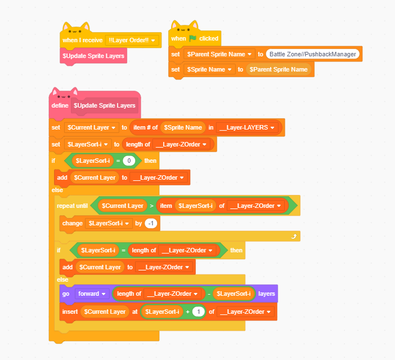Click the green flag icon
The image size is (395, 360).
click(x=193, y=38)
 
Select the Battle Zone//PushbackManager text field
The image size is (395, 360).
click(x=313, y=54)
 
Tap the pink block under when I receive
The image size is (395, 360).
click(x=93, y=56)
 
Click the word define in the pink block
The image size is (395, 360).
click(x=60, y=105)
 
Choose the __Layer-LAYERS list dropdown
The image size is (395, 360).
click(x=248, y=127)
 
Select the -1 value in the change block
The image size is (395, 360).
click(x=150, y=224)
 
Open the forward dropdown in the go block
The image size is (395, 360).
click(x=92, y=294)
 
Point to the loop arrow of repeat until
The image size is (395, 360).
click(x=293, y=237)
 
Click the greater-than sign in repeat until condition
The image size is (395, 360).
click(x=150, y=206)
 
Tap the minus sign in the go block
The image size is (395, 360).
click(x=208, y=294)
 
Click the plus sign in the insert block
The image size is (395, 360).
click(x=187, y=312)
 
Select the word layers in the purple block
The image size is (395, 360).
click(x=266, y=294)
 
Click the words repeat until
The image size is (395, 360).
click(x=73, y=206)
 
